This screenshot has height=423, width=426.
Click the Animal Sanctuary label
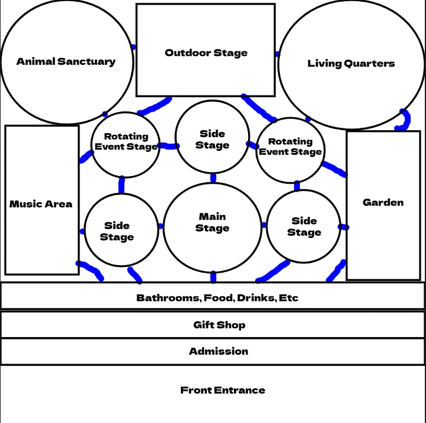[x=66, y=62]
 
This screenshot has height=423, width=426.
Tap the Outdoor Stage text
[x=206, y=52]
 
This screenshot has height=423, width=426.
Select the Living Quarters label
[x=351, y=64]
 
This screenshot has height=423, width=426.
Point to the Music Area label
[x=41, y=204]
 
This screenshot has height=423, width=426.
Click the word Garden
[x=383, y=203]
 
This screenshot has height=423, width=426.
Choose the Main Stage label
[x=212, y=222]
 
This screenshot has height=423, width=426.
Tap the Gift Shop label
[x=219, y=325]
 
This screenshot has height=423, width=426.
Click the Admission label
[x=219, y=351]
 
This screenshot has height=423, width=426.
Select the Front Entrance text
[x=223, y=390]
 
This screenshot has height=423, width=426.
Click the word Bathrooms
[x=169, y=298]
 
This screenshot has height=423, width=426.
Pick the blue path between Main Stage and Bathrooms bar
[x=213, y=277]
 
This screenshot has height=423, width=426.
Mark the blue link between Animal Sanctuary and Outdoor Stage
[x=133, y=47]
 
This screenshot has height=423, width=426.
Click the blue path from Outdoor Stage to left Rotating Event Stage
[x=154, y=106]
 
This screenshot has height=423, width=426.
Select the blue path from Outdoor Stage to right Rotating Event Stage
[x=259, y=108]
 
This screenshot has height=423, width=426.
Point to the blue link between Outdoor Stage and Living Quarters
[x=277, y=54]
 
